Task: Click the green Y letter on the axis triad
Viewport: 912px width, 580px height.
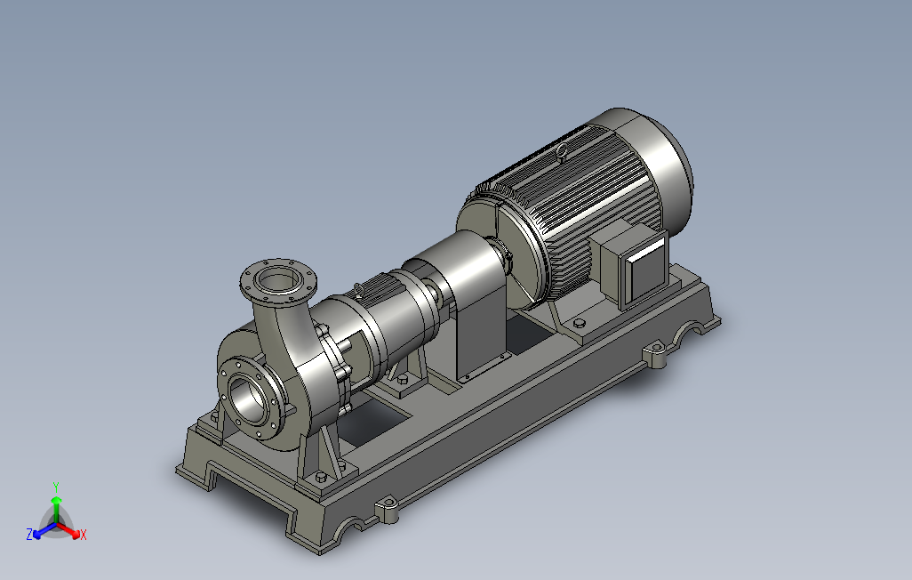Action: (56, 487)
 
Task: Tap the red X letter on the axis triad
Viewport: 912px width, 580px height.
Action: (84, 534)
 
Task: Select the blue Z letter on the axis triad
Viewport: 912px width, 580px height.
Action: (29, 534)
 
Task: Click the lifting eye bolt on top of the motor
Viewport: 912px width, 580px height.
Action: (561, 153)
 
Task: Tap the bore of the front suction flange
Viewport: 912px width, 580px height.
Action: (248, 399)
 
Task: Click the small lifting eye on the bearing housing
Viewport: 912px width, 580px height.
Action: (359, 289)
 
